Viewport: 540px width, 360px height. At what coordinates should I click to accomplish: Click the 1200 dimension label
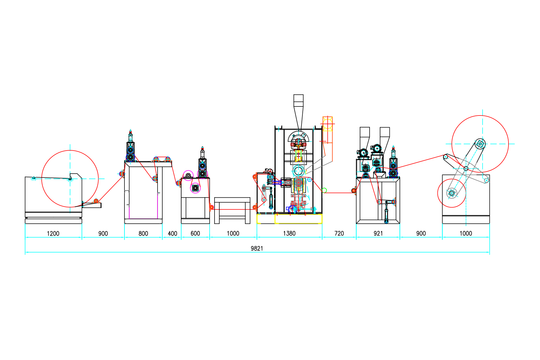pyautogui.click(x=53, y=233)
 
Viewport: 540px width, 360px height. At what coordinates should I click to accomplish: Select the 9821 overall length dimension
pyautogui.click(x=257, y=248)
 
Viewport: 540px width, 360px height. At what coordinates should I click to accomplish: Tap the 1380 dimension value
pyautogui.click(x=289, y=233)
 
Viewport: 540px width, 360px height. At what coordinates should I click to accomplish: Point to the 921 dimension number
pyautogui.click(x=378, y=233)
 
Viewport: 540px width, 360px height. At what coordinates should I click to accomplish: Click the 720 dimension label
pyautogui.click(x=339, y=233)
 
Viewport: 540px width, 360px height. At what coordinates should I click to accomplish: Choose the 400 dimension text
pyautogui.click(x=172, y=233)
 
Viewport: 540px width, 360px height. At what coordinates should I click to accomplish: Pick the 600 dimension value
pyautogui.click(x=195, y=233)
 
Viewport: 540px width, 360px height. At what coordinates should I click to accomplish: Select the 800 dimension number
pyautogui.click(x=143, y=233)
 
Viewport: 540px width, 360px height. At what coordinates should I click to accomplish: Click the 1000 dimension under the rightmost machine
pyautogui.click(x=466, y=233)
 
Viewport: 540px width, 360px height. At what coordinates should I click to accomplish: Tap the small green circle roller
pyautogui.click(x=324, y=190)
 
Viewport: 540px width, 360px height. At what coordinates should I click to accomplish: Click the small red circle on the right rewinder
pyautogui.click(x=451, y=193)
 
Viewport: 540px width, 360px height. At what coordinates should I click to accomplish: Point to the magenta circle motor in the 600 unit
pyautogui.click(x=195, y=188)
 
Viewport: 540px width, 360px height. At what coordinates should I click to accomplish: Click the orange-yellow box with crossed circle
pyautogui.click(x=328, y=124)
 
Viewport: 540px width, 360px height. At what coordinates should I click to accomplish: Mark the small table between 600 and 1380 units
pyautogui.click(x=232, y=210)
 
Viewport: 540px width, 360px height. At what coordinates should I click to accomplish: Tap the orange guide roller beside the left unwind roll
pyautogui.click(x=96, y=201)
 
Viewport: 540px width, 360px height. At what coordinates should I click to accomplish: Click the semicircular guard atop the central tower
pyautogui.click(x=298, y=137)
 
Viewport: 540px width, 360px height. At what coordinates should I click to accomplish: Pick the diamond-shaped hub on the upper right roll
pyautogui.click(x=480, y=144)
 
